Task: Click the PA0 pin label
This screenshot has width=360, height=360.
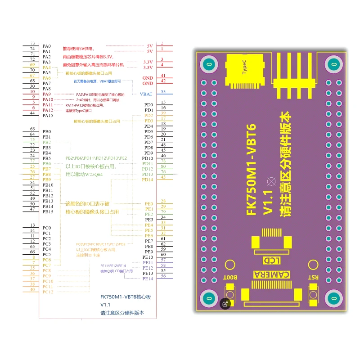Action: click(x=47, y=46)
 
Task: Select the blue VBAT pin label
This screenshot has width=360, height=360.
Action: click(x=146, y=94)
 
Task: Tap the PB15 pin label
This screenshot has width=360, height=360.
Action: click(x=48, y=211)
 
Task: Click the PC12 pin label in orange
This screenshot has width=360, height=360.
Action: click(x=48, y=292)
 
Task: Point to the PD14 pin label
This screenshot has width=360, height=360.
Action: click(x=148, y=180)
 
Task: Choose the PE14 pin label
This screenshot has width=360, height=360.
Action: click(x=148, y=279)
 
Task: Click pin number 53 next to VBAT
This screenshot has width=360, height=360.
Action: click(x=163, y=92)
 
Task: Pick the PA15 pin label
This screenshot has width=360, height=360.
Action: click(x=48, y=116)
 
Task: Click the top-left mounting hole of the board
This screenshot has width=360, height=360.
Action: click(x=208, y=64)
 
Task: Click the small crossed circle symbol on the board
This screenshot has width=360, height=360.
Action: click(x=271, y=181)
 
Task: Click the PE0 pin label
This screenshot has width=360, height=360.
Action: click(x=148, y=204)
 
